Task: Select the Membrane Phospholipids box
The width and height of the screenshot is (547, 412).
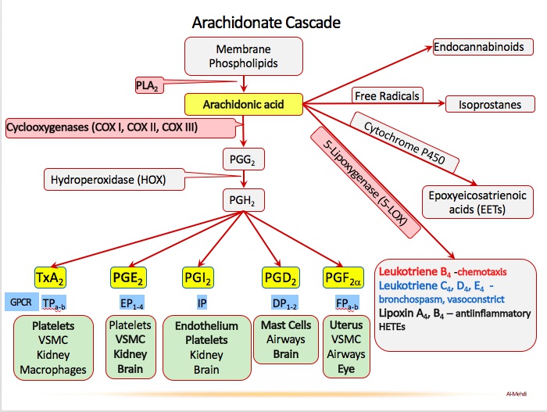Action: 242,55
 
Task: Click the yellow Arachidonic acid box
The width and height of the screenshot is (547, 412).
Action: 242,103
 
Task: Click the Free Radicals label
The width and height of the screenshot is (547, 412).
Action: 387,96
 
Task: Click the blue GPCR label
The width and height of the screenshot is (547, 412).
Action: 20,302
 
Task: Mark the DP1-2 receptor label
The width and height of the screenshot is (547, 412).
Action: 281,302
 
